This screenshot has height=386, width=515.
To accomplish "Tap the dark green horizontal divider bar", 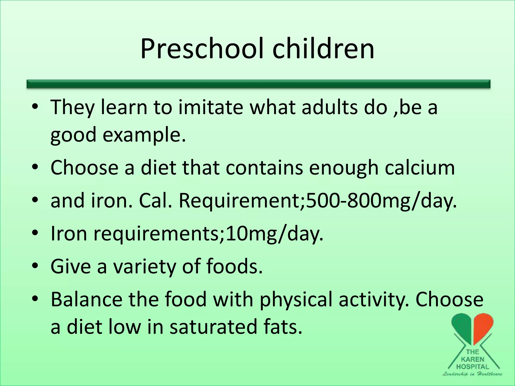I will click(x=258, y=84).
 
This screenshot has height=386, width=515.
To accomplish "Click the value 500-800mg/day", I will click(x=381, y=201).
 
